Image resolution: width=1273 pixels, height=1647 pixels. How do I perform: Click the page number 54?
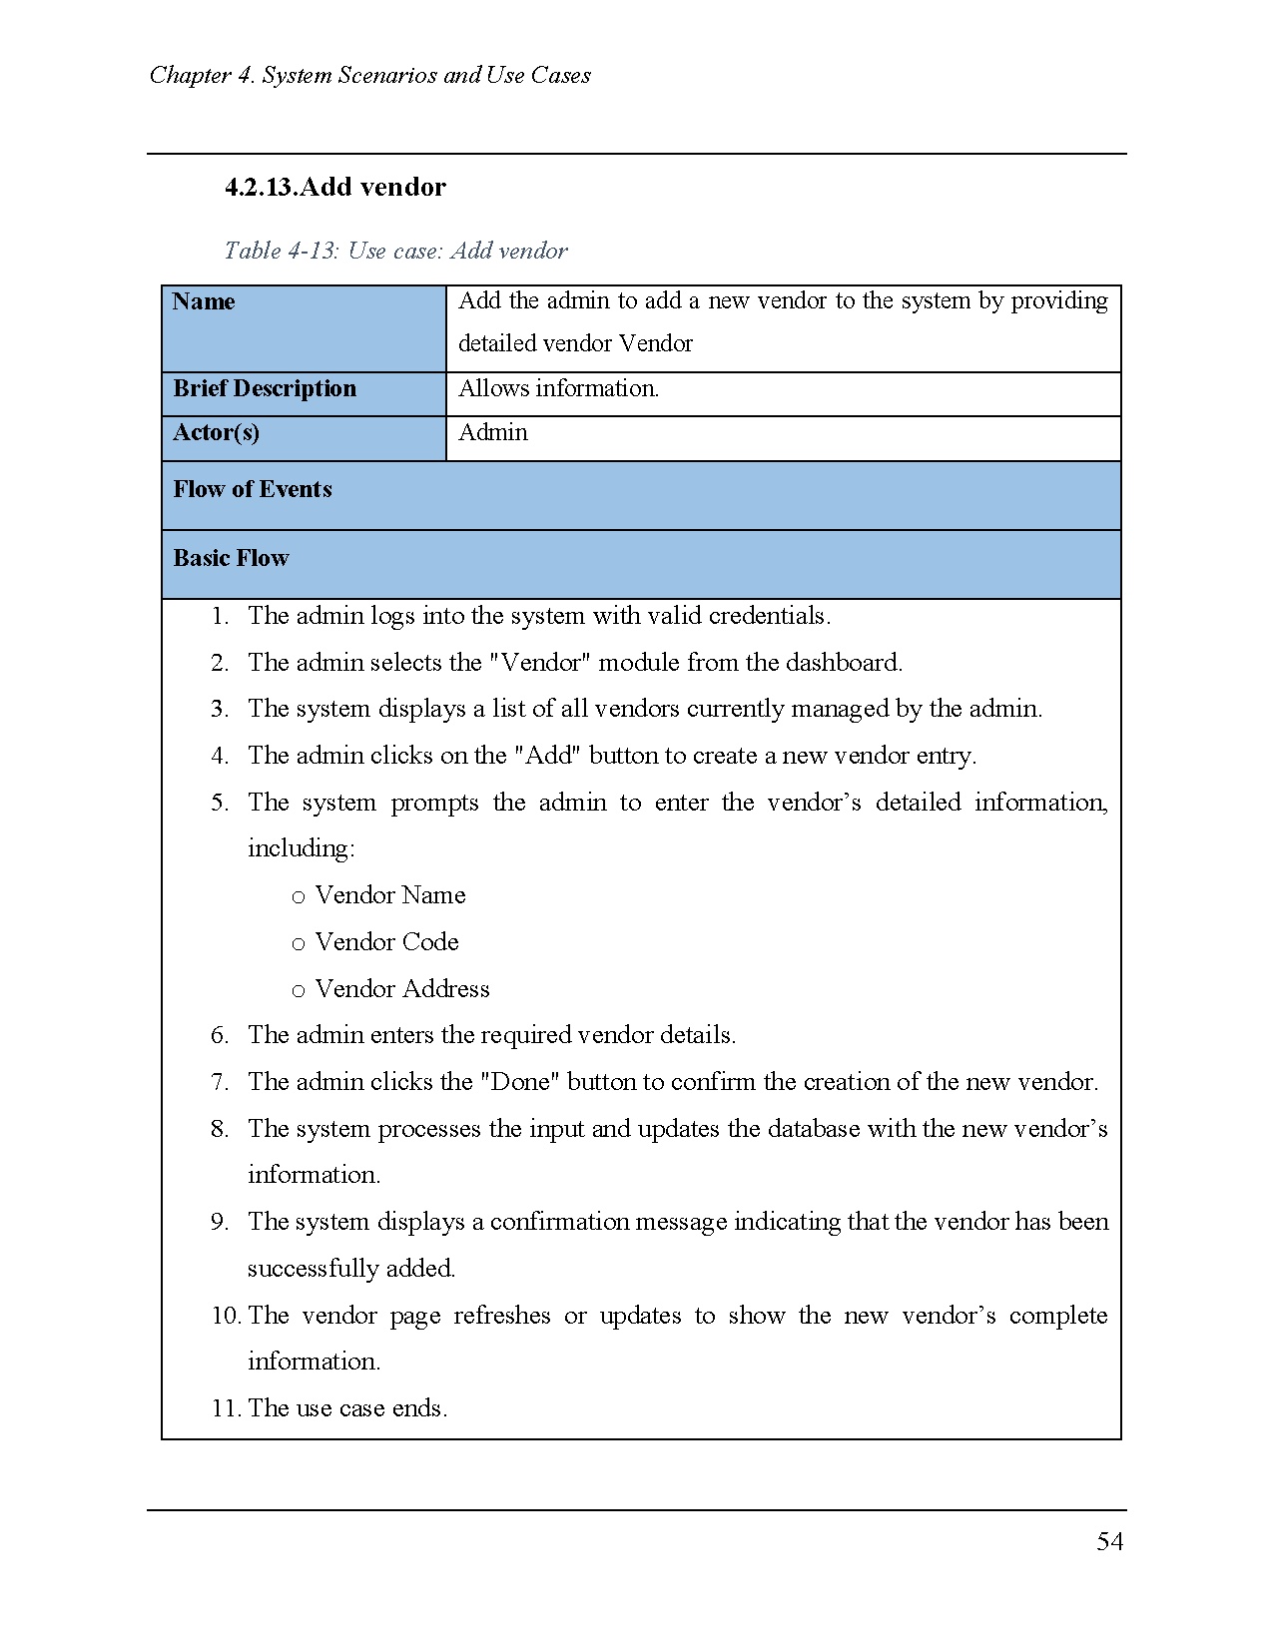(x=1109, y=1542)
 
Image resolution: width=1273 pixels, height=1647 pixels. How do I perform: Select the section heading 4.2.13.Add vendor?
(x=335, y=187)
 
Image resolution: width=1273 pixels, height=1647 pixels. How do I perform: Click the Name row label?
(x=204, y=301)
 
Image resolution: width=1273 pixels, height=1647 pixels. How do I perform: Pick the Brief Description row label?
(x=265, y=388)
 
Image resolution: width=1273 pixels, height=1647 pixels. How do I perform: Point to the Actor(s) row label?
(x=216, y=432)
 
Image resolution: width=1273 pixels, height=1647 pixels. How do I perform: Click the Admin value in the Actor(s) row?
(x=493, y=432)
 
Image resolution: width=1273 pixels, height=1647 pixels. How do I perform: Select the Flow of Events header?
(x=253, y=489)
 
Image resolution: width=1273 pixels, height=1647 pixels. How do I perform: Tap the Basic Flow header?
(x=231, y=558)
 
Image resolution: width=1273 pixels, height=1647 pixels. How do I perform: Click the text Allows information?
(x=558, y=388)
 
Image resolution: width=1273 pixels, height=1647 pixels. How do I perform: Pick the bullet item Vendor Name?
(x=390, y=895)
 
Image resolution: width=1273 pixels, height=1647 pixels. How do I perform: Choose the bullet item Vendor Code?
(x=387, y=942)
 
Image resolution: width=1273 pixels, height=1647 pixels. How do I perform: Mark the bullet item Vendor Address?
(x=402, y=989)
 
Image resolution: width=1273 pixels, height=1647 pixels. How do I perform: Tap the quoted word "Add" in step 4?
(x=548, y=756)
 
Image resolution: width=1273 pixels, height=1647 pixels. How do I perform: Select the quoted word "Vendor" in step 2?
(x=540, y=663)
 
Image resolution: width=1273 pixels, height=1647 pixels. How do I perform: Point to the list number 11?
(x=225, y=1408)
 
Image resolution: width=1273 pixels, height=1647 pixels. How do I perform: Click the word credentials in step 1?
(x=769, y=616)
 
